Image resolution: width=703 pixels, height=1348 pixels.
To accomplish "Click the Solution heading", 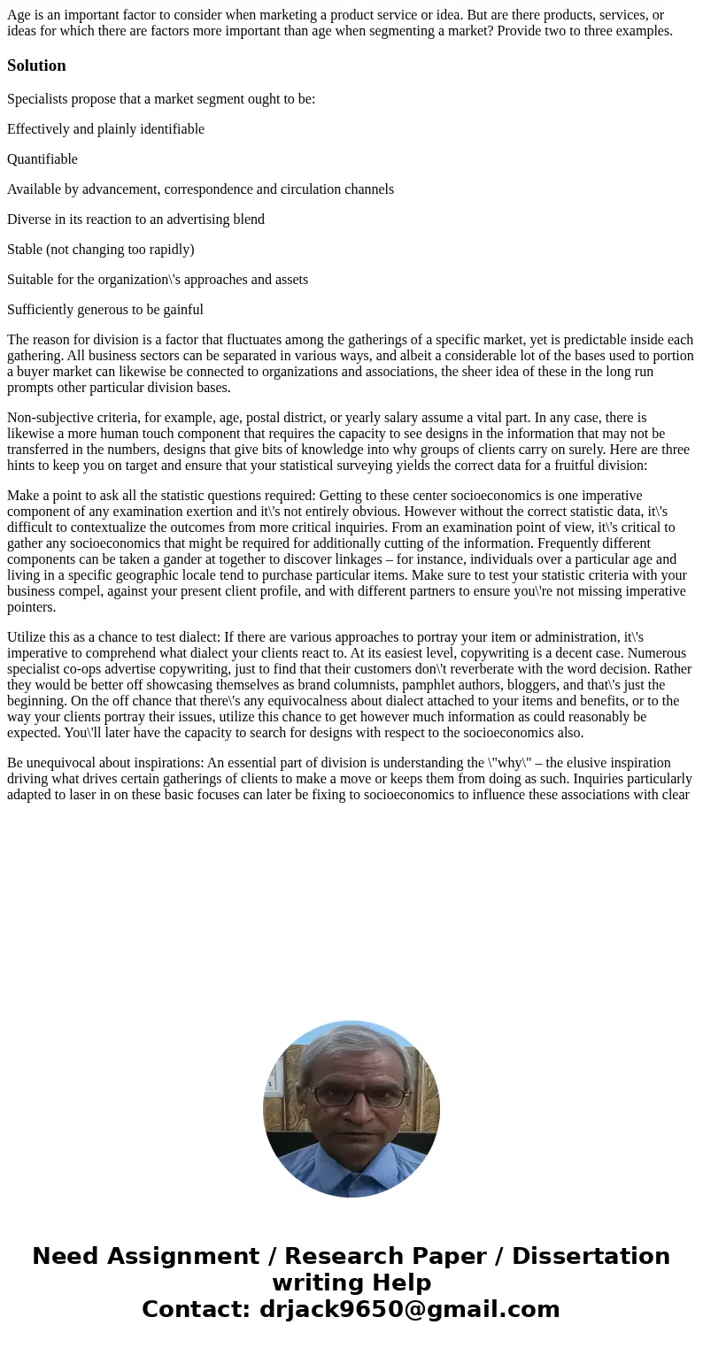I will (x=36, y=65).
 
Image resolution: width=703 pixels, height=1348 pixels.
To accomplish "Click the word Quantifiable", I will (x=42, y=159).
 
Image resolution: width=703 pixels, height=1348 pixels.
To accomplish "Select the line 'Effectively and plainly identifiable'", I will (x=105, y=129).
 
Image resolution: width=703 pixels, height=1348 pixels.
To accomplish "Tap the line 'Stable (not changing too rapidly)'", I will (x=100, y=250).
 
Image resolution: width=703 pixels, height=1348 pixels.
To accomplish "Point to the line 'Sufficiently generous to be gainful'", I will (x=105, y=310).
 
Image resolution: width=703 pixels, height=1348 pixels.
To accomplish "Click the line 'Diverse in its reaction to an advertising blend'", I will (x=135, y=220).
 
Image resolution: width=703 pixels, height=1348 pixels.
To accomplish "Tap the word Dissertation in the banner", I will (x=591, y=1256).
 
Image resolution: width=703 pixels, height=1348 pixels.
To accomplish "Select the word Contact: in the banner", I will (x=197, y=1309).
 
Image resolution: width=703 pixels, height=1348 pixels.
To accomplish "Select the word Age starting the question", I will (x=19, y=15).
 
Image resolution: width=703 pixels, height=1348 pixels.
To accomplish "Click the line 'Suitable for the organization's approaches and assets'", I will (x=158, y=280).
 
